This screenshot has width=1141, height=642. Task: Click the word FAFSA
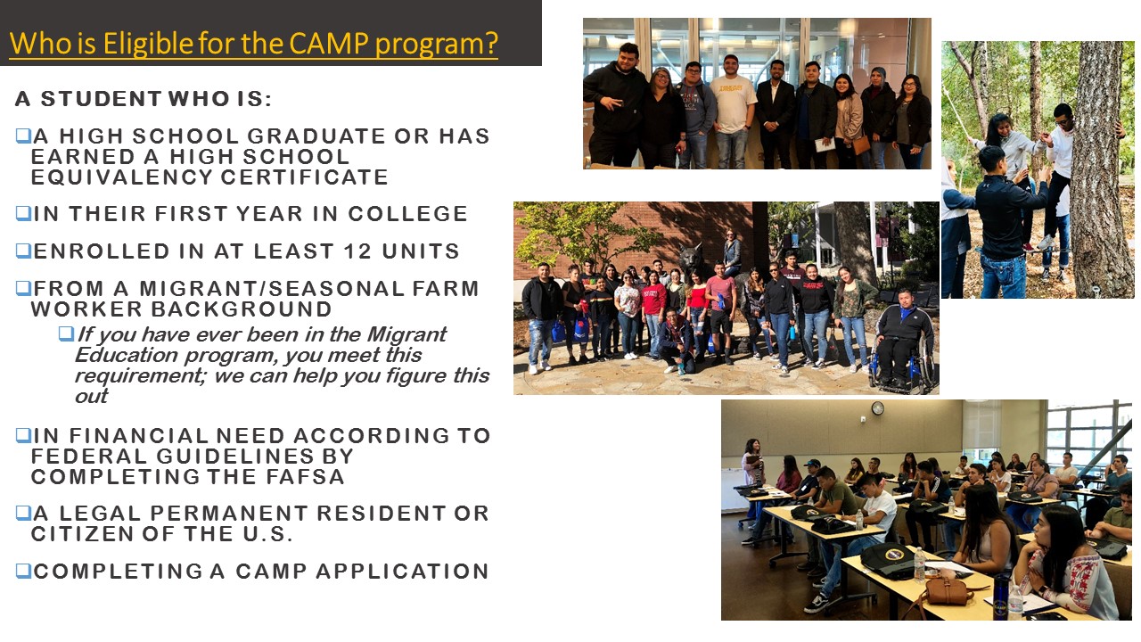coord(305,477)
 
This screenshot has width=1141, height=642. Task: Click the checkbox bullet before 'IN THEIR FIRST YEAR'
coord(23,213)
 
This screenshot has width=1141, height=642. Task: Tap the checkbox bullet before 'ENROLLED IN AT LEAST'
coord(23,251)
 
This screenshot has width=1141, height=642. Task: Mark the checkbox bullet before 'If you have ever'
coord(66,333)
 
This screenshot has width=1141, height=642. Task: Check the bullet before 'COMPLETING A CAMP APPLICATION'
coord(23,571)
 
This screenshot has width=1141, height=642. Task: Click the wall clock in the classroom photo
coord(877,408)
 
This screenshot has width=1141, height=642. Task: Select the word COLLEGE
coord(407,214)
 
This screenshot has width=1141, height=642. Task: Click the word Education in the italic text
coord(127,355)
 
